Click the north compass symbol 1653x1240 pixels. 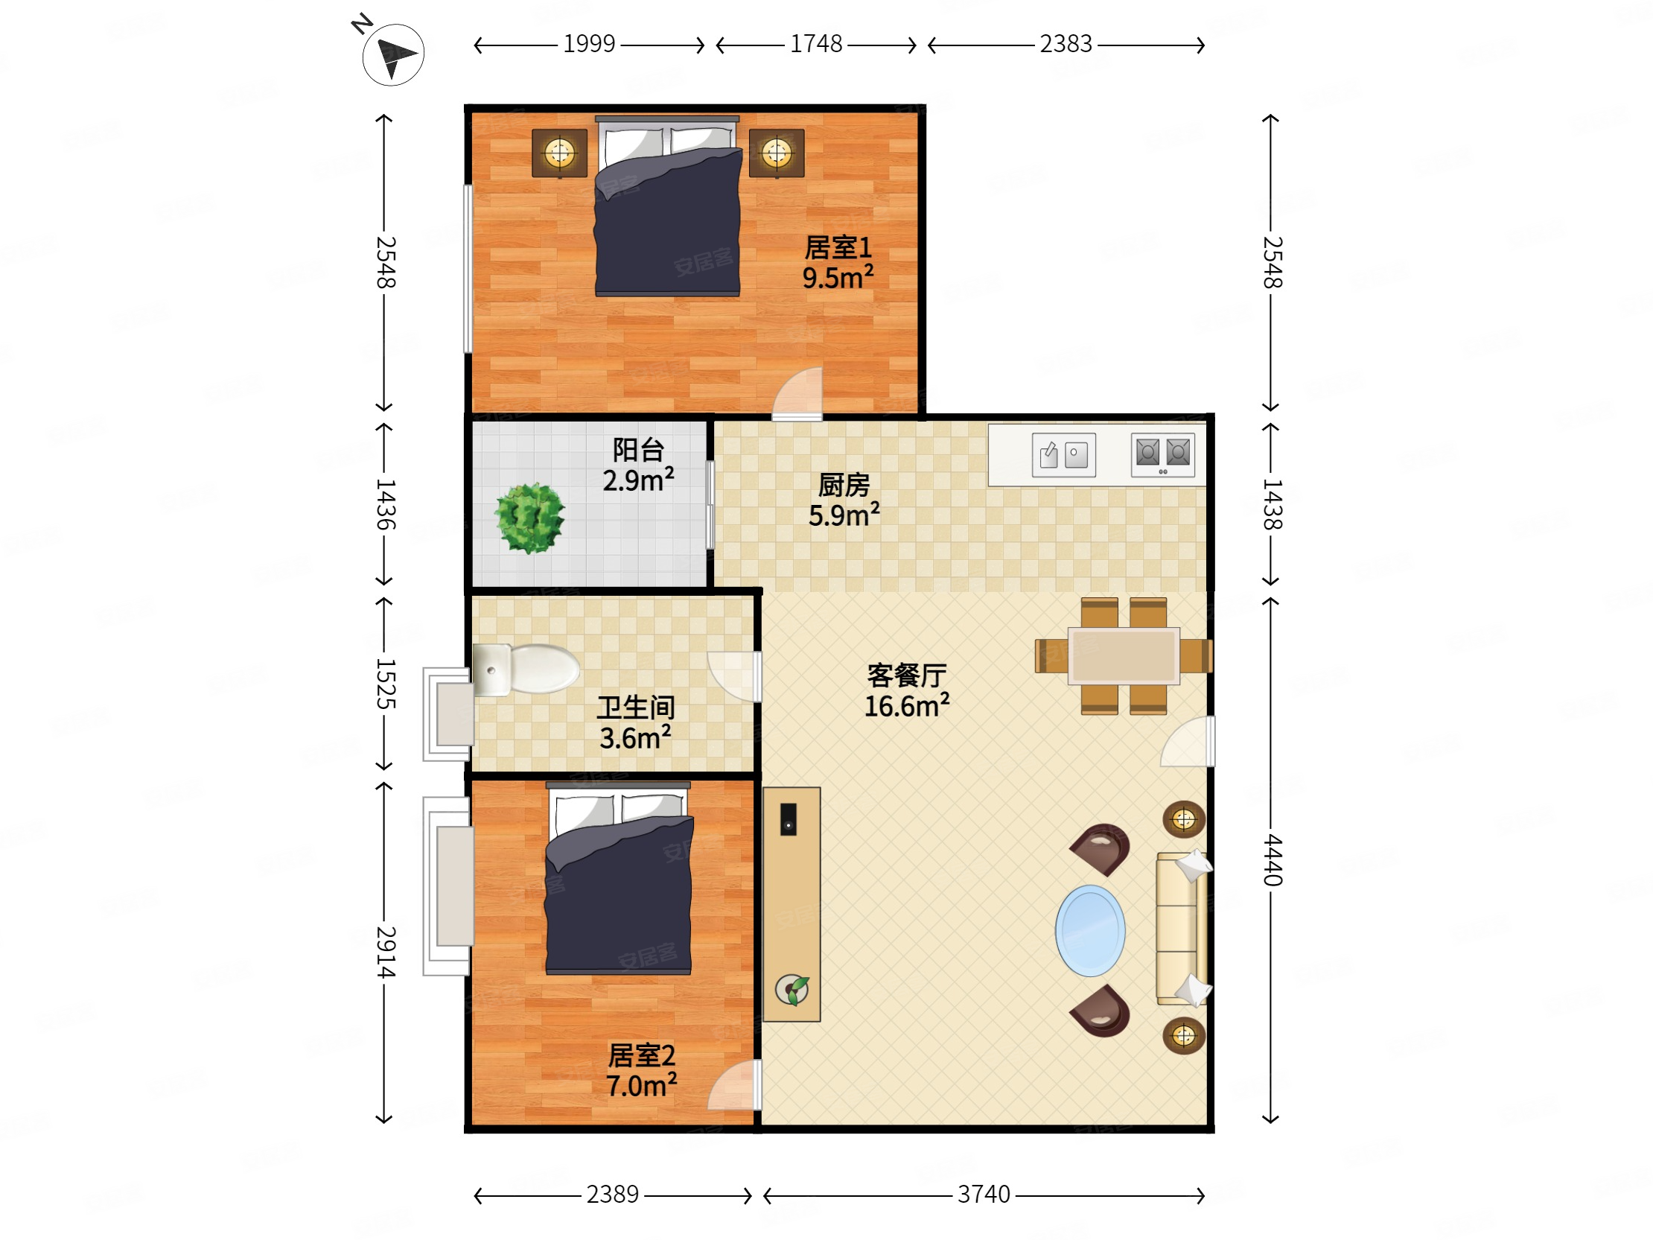(x=392, y=52)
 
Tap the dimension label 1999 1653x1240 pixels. (x=589, y=44)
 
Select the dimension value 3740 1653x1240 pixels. (x=984, y=1195)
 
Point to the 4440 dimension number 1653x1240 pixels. (x=1272, y=860)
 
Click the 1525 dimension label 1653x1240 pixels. (x=385, y=684)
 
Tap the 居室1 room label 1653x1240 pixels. (x=838, y=247)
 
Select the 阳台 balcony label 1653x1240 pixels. (x=638, y=450)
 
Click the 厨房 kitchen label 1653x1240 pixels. (x=844, y=485)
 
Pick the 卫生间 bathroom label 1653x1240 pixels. (x=636, y=707)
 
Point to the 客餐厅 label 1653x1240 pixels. (x=906, y=675)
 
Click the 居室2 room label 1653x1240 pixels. (x=641, y=1055)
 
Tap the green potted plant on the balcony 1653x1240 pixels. (x=530, y=518)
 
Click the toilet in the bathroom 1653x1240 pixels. (x=526, y=669)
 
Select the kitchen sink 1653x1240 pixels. (x=1063, y=454)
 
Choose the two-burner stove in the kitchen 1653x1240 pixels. (x=1163, y=454)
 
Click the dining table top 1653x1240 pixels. (x=1124, y=655)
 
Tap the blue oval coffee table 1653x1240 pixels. (x=1090, y=931)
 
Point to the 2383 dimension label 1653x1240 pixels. (x=1066, y=44)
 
